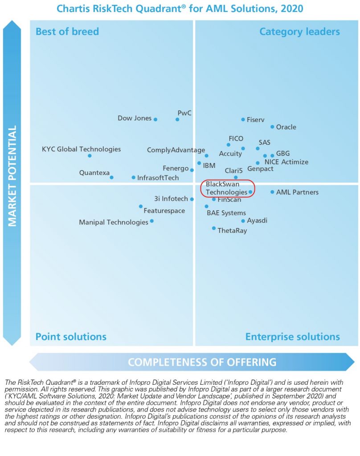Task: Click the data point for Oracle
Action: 272,127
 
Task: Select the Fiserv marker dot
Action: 243,119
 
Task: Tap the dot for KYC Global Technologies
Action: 90,155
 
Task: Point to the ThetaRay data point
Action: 214,228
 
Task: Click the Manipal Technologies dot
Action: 152,221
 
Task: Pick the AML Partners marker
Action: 272,192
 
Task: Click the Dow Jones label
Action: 135,118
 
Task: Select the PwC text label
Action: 184,113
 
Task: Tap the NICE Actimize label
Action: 286,162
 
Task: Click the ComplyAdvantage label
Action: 176,150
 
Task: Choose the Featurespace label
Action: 164,211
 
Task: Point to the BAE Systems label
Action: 226,213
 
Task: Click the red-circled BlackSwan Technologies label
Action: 226,188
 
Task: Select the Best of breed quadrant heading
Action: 67,32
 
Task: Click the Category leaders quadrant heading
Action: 299,32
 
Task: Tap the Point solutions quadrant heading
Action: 71,336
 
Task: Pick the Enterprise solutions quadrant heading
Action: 292,336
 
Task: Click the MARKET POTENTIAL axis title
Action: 12,175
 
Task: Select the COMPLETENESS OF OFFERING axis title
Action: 202,362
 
